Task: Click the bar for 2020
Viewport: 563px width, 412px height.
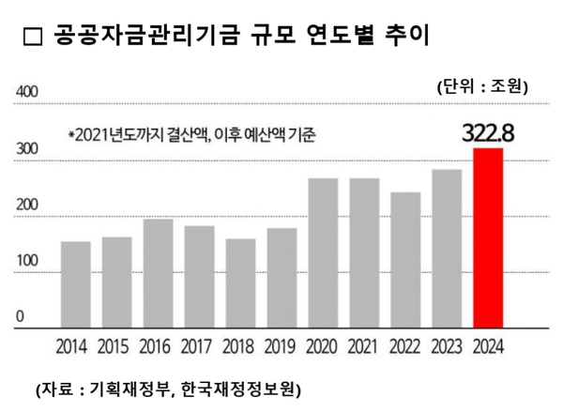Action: (x=323, y=253)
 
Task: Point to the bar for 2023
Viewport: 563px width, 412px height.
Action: (x=447, y=249)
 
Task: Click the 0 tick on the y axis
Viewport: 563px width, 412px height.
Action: (x=19, y=318)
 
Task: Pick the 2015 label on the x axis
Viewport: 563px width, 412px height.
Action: (x=117, y=346)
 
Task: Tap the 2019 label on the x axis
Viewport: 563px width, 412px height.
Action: (x=281, y=346)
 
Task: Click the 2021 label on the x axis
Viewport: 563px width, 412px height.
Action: (x=364, y=346)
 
